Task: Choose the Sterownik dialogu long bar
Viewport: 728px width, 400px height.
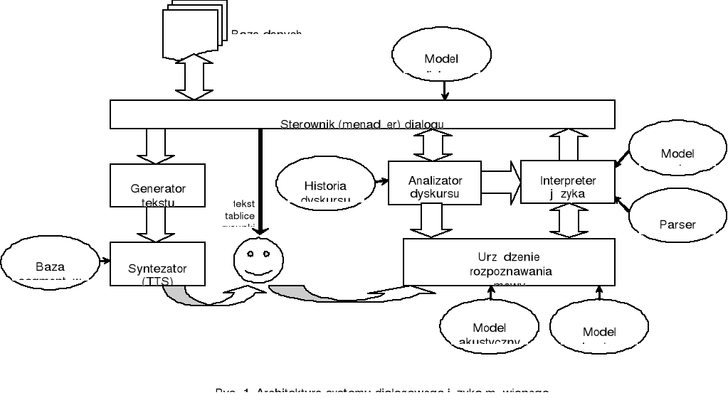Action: [362, 114]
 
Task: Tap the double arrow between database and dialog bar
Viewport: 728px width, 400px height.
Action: [194, 77]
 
